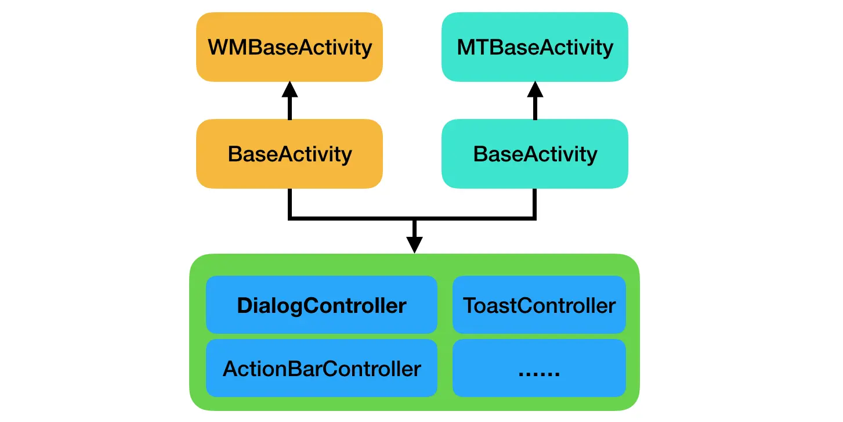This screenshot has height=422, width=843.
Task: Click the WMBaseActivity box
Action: point(290,47)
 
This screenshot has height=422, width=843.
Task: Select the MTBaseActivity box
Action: point(534,47)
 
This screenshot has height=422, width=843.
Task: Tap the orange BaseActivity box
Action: point(290,154)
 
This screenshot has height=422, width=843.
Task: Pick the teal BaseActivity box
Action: point(534,154)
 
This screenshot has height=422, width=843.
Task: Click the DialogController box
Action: point(321,305)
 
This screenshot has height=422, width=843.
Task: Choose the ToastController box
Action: point(539,305)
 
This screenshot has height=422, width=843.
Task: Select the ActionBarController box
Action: point(321,368)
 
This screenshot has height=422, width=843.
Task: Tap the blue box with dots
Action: point(539,368)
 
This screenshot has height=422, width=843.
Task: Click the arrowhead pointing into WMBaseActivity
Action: point(290,89)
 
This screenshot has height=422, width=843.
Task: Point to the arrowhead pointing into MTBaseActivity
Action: point(535,89)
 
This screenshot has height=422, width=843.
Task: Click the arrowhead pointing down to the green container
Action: point(414,244)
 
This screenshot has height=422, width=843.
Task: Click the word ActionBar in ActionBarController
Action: point(270,368)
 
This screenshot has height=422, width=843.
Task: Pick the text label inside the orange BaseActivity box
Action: point(290,154)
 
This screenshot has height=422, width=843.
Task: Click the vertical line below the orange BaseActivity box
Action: point(290,203)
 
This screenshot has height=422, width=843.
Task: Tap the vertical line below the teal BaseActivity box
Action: point(535,203)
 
